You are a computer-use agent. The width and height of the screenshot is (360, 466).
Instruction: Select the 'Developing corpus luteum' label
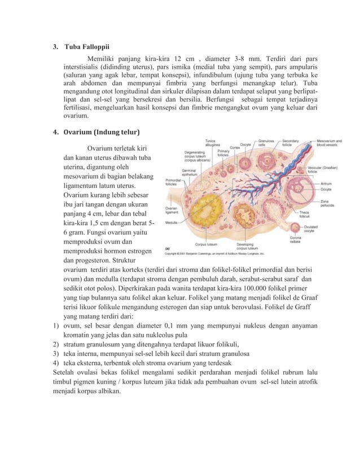[249, 246]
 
